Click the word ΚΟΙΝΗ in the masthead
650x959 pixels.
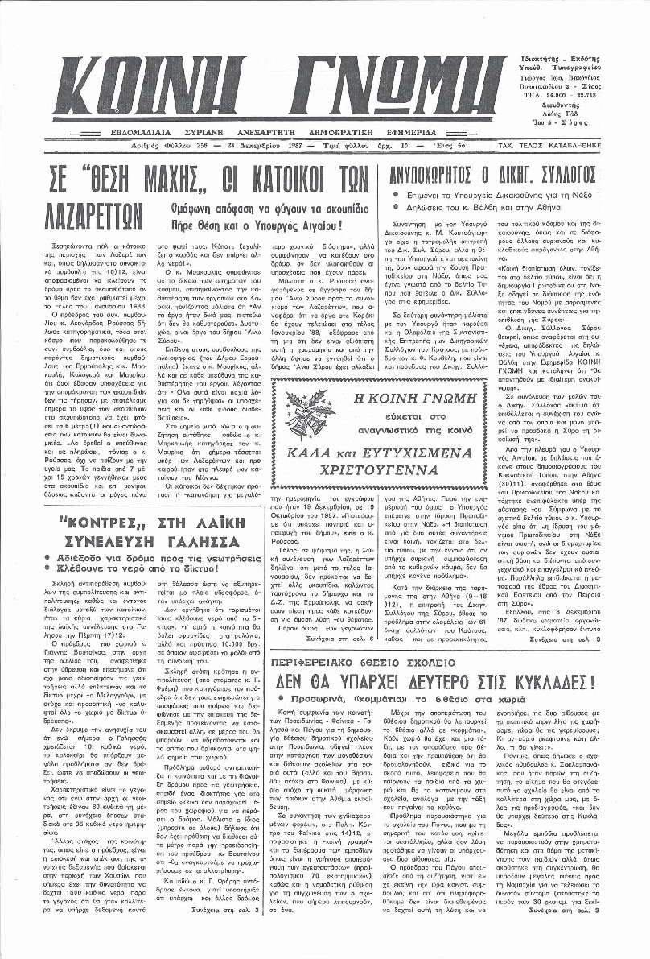[x=148, y=85]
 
